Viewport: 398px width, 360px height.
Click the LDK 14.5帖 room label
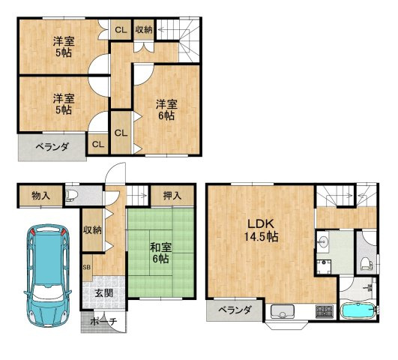(x=261, y=230)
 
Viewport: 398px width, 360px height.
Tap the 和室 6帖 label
(x=160, y=253)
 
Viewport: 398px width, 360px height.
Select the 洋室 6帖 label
(x=166, y=109)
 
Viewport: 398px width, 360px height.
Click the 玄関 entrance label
(x=104, y=293)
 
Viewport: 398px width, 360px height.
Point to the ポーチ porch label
(x=103, y=322)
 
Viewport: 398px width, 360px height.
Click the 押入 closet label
(x=172, y=195)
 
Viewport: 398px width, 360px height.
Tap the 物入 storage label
(x=40, y=195)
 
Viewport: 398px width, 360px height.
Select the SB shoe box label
(x=87, y=267)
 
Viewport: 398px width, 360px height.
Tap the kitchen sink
(x=283, y=311)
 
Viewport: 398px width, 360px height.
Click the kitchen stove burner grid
(x=324, y=311)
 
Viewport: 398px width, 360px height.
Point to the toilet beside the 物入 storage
(x=70, y=195)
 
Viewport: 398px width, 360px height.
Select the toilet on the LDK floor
(x=366, y=264)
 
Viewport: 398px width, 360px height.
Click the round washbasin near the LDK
(x=322, y=241)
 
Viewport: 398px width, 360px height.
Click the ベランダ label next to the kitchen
(x=235, y=310)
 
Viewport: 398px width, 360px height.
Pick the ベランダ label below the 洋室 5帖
(x=52, y=146)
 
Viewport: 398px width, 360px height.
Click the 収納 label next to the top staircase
(x=144, y=30)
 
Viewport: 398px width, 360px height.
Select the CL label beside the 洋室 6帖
(x=121, y=133)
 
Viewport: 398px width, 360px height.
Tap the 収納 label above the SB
(x=92, y=230)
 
